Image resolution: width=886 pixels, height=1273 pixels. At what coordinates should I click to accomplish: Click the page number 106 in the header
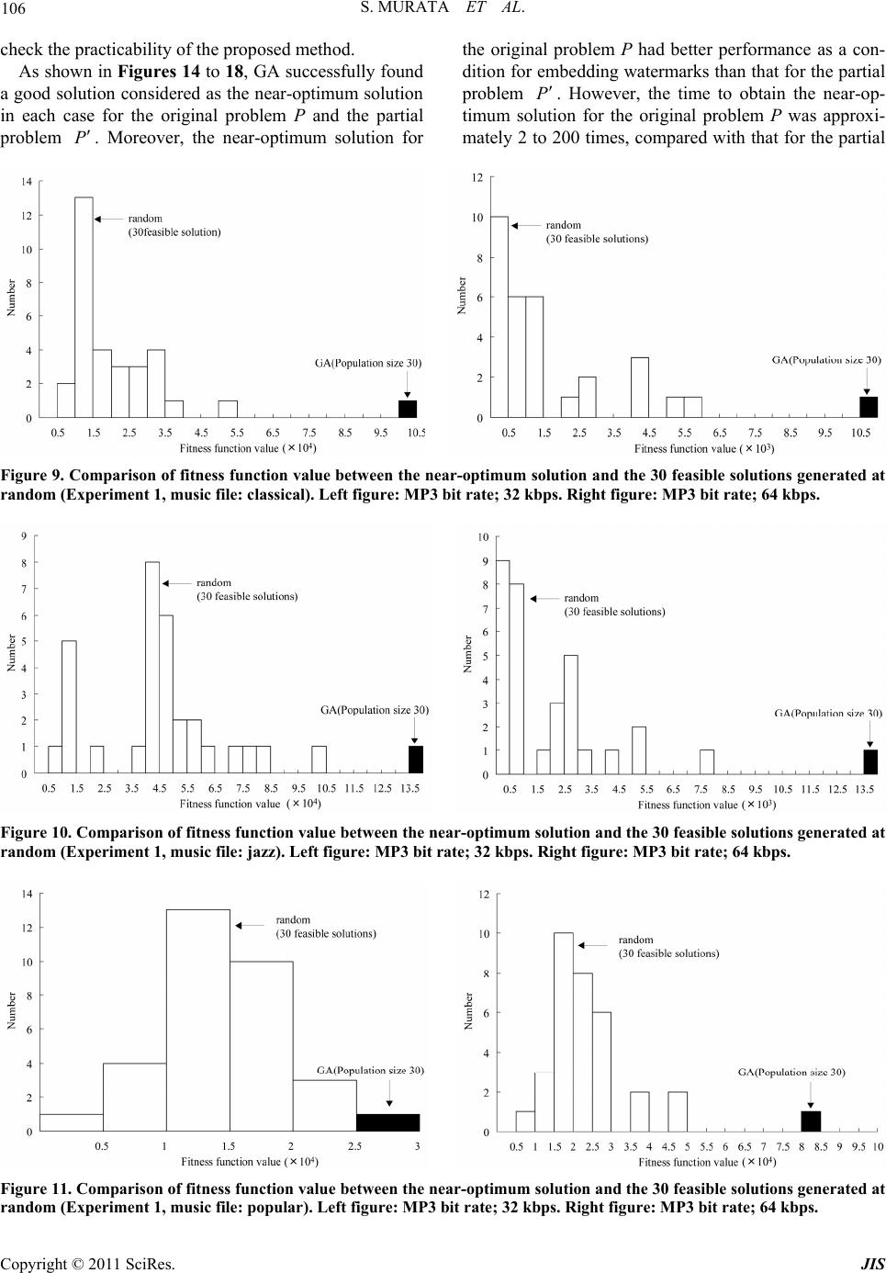tap(14, 10)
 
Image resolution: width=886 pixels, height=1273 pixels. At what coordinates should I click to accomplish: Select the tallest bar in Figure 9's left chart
tap(84, 307)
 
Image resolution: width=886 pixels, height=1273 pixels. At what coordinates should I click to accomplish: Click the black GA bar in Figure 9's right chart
tap(868, 407)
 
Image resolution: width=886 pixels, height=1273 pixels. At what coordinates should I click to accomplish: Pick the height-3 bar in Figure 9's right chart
tap(640, 387)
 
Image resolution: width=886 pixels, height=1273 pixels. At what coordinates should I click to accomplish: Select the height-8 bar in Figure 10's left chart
tap(152, 668)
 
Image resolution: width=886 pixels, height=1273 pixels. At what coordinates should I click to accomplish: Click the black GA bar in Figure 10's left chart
tap(416, 760)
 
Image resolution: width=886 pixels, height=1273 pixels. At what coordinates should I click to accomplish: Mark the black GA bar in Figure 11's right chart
tap(811, 1121)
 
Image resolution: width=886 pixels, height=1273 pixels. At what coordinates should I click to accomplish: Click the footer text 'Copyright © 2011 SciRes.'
tap(87, 1263)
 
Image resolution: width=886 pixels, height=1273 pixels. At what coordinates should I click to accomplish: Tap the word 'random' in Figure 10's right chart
tap(581, 598)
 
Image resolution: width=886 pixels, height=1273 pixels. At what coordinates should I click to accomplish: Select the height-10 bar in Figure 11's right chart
tap(564, 1032)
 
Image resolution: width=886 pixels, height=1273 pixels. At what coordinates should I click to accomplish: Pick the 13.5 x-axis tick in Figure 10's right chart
tap(865, 789)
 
